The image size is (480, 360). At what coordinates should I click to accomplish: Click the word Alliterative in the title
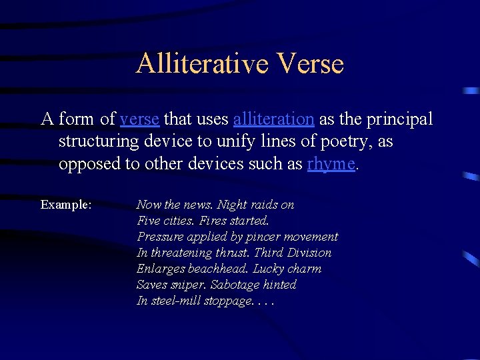point(201,64)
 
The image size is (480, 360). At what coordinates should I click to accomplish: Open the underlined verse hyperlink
point(139,119)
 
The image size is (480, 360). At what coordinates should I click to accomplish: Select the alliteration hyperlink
point(273,119)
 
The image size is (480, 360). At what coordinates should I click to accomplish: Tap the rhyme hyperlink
point(331,164)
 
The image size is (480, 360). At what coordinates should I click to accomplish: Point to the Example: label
point(66,205)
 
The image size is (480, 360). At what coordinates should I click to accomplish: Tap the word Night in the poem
point(232,205)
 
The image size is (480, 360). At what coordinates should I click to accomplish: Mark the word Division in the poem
point(309,253)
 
